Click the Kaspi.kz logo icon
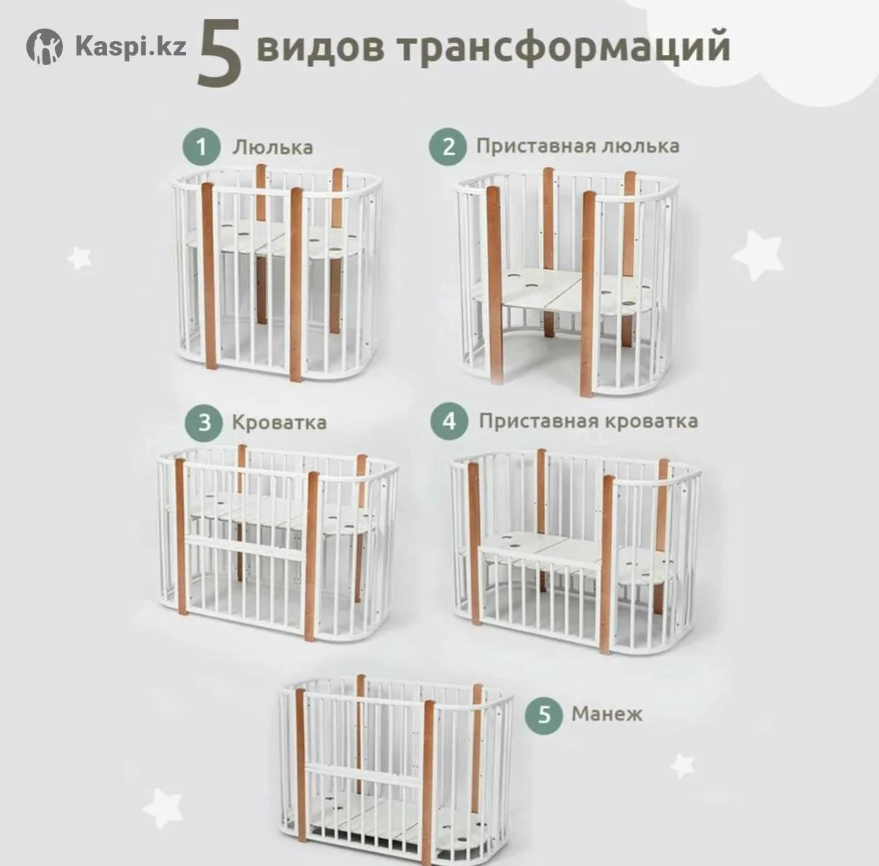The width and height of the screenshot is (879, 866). point(44,47)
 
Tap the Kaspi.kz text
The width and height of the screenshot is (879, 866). point(130,47)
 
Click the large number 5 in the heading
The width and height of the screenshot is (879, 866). point(220,53)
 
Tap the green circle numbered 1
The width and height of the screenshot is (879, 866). point(201,147)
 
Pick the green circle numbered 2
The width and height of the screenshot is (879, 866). point(448,147)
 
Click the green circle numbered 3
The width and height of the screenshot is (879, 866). point(204,422)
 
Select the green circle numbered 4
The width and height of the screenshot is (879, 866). point(449,421)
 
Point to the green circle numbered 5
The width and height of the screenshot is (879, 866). point(544,714)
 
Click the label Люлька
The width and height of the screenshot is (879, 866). point(272,147)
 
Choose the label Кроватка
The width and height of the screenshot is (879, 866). point(279,422)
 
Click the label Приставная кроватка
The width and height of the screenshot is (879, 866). point(588,422)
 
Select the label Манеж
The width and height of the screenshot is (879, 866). point(607,714)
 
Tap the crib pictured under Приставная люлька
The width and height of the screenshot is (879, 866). point(567,282)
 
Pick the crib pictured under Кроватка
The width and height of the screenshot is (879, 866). point(278,542)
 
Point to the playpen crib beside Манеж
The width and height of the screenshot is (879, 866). point(396,770)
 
